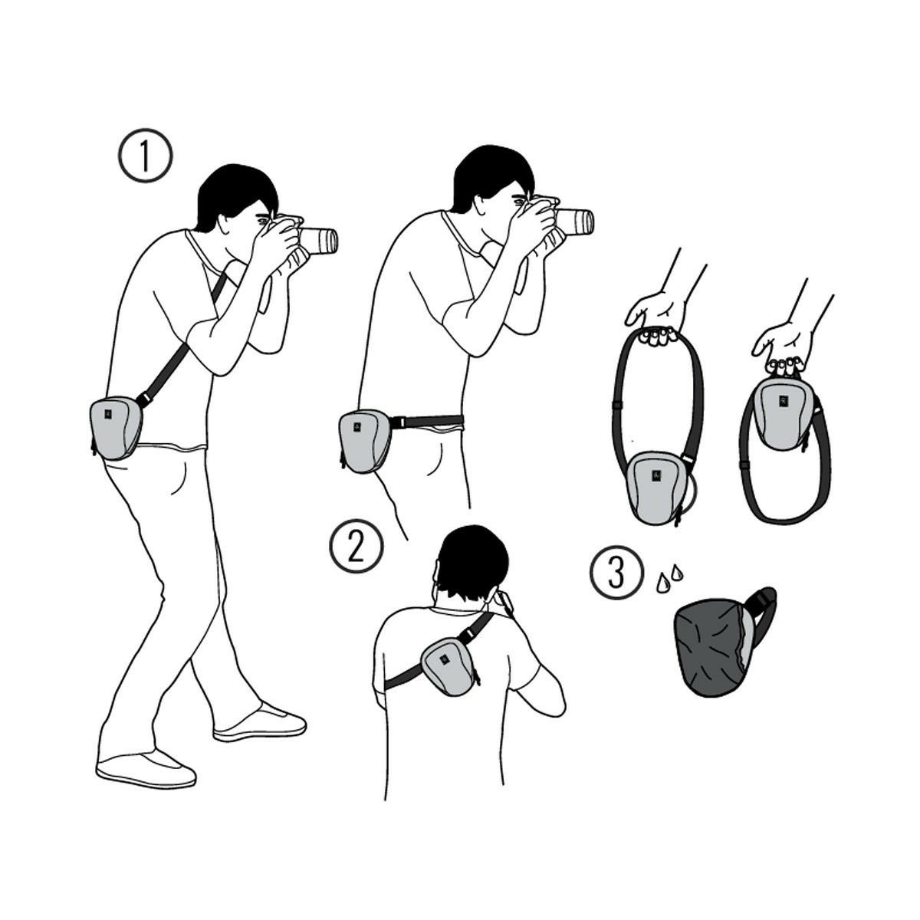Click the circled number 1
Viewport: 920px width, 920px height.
tap(145, 155)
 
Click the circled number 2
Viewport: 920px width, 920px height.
tap(356, 546)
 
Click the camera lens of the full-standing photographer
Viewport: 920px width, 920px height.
tap(319, 241)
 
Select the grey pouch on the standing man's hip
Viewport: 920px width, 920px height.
tap(116, 427)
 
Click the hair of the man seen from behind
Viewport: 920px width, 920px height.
tap(473, 563)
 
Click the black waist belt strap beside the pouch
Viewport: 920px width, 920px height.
tap(426, 421)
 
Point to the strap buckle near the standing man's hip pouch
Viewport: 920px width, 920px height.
tap(143, 398)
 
